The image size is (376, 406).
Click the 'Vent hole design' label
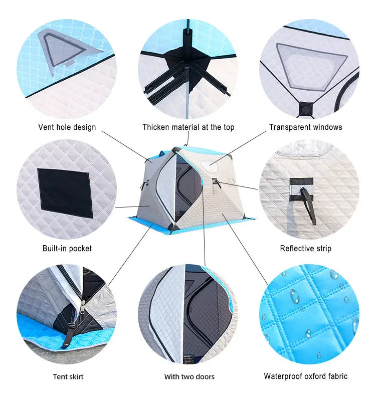click(67, 127)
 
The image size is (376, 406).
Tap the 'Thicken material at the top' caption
click(188, 127)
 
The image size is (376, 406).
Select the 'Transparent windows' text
click(306, 127)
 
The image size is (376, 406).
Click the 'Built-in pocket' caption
click(67, 248)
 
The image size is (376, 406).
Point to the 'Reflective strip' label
click(306, 248)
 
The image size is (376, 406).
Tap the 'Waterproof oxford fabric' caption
click(306, 376)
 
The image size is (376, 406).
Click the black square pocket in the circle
click(65, 193)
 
